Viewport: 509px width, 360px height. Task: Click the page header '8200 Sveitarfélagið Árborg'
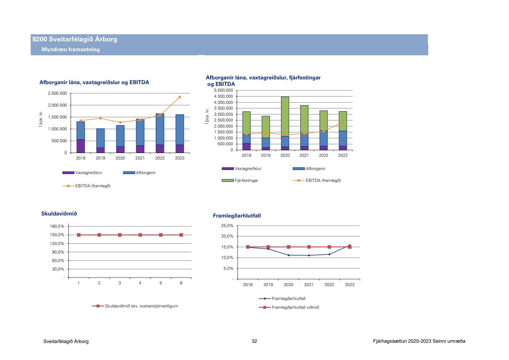pos(75,39)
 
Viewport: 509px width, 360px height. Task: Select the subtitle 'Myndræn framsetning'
pos(71,50)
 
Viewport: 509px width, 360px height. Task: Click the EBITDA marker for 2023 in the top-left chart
pos(180,97)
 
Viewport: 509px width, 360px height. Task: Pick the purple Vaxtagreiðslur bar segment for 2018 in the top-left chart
pos(80,146)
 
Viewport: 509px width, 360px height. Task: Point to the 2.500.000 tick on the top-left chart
pos(57,93)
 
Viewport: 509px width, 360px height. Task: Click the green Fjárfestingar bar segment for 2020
pos(285,116)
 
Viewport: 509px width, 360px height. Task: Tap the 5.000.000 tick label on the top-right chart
pos(224,91)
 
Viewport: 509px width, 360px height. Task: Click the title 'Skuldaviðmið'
pos(59,214)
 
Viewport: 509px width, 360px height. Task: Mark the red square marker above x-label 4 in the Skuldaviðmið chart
pos(140,235)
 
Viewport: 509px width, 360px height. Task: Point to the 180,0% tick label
pos(57,226)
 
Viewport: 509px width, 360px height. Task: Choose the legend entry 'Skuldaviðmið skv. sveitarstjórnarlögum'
pos(141,306)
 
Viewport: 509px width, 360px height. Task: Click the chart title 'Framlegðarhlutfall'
pos(237,216)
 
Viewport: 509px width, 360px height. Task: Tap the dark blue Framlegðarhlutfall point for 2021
pos(309,255)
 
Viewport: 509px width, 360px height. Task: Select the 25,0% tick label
pos(227,226)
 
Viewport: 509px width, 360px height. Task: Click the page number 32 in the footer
pos(254,341)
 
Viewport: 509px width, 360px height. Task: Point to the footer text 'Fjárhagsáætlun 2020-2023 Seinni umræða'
pos(419,341)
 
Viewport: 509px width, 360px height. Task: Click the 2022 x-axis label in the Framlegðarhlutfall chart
pos(329,285)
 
